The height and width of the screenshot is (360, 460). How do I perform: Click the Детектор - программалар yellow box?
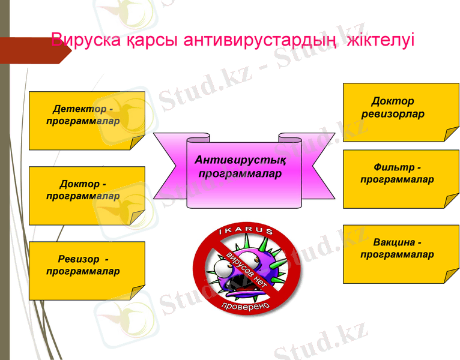point(87,120)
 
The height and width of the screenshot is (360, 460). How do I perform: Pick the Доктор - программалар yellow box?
point(87,196)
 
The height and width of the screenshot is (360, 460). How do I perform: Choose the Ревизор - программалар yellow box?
point(87,271)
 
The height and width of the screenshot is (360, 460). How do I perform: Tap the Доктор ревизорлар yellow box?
point(401,112)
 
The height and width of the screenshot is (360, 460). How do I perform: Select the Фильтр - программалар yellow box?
point(401,179)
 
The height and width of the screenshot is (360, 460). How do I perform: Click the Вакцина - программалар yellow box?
point(401,254)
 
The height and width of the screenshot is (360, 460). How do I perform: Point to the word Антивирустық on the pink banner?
point(240,161)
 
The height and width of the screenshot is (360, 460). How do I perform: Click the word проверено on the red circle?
point(246,304)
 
